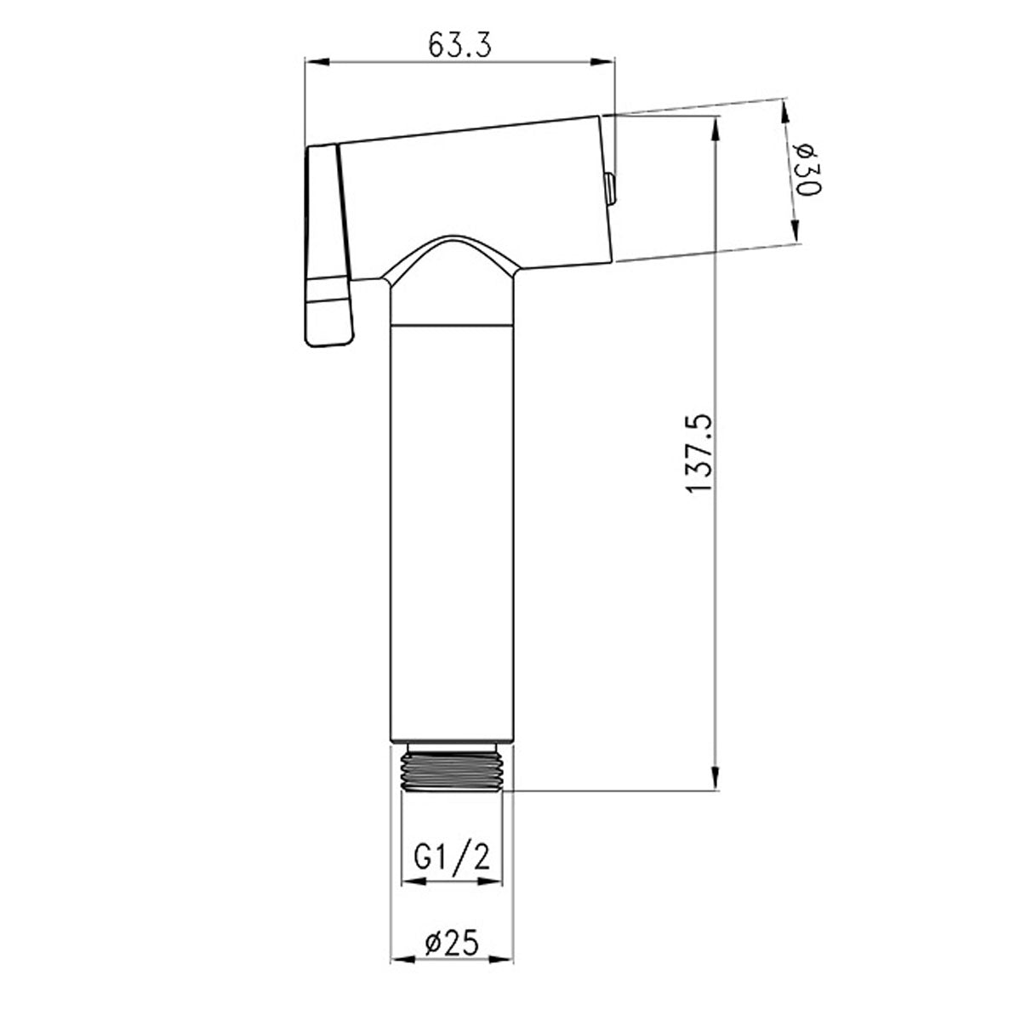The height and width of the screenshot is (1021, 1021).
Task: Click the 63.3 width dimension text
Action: (x=459, y=45)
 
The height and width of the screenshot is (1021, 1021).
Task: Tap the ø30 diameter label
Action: (x=807, y=170)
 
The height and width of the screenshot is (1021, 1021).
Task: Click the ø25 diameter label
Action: (x=451, y=942)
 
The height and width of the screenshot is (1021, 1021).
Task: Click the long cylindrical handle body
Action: (x=451, y=528)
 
